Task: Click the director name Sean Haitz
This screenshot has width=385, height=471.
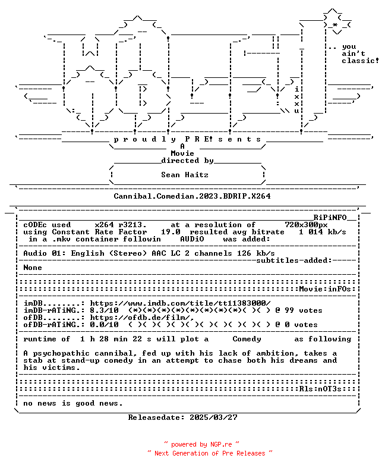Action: pos(185,175)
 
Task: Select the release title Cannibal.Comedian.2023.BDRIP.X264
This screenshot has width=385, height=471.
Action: pos(192,196)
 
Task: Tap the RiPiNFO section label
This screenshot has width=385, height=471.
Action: pos(330,218)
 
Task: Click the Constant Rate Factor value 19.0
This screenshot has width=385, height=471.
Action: pos(171,232)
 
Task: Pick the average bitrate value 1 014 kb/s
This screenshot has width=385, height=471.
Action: pos(323,232)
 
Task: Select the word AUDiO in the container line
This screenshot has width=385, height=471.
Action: pos(192,239)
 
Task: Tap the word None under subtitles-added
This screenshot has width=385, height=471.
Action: pos(33,268)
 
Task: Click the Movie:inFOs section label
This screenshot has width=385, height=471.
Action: pos(325,289)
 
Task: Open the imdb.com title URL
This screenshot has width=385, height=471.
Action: pos(180,303)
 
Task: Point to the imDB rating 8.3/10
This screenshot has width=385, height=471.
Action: pos(104,310)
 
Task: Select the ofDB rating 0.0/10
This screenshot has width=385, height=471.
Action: pos(104,325)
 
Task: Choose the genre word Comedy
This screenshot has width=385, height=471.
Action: pos(247,339)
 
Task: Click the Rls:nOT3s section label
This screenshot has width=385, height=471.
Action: pos(320,389)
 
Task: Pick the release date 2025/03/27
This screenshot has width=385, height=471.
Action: pos(213,417)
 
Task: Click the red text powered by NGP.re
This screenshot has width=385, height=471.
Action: pos(201,444)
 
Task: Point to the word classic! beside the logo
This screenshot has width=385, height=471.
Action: pos(360,61)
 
